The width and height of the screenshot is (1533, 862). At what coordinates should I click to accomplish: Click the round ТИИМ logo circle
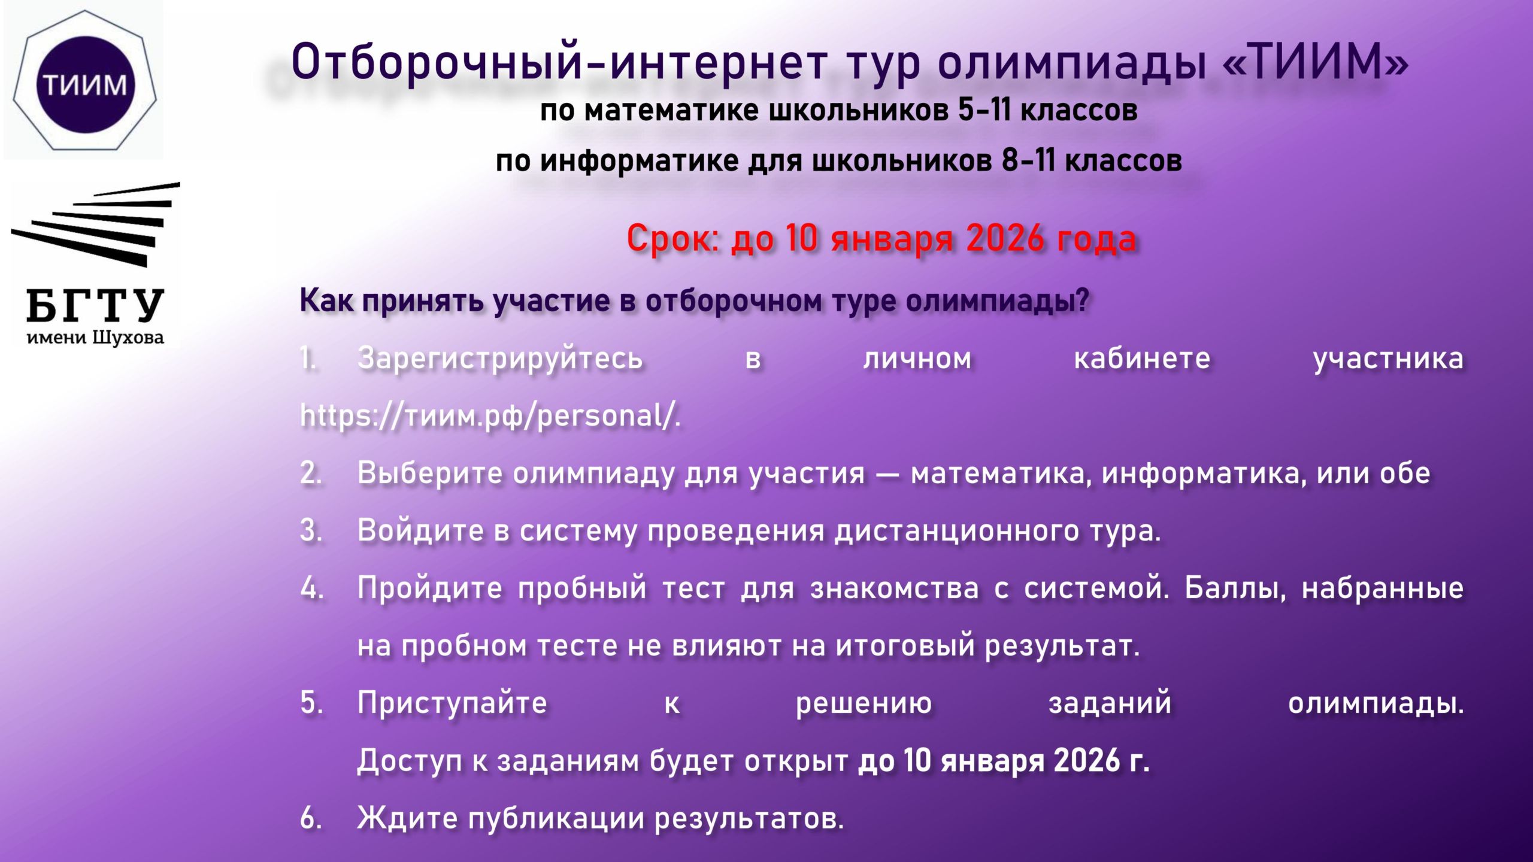coord(84,84)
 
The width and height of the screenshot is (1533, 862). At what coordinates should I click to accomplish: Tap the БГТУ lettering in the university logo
coord(95,305)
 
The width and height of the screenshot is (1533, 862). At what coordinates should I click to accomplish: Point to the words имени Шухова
coord(95,338)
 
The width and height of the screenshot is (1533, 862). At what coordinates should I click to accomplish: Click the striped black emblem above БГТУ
coord(96,224)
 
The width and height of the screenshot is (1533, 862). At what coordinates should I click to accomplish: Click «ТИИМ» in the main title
coord(1315,62)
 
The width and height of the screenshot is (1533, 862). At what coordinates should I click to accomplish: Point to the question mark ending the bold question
coord(1081,300)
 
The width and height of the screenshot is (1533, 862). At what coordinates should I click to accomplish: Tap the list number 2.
coord(311,473)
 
